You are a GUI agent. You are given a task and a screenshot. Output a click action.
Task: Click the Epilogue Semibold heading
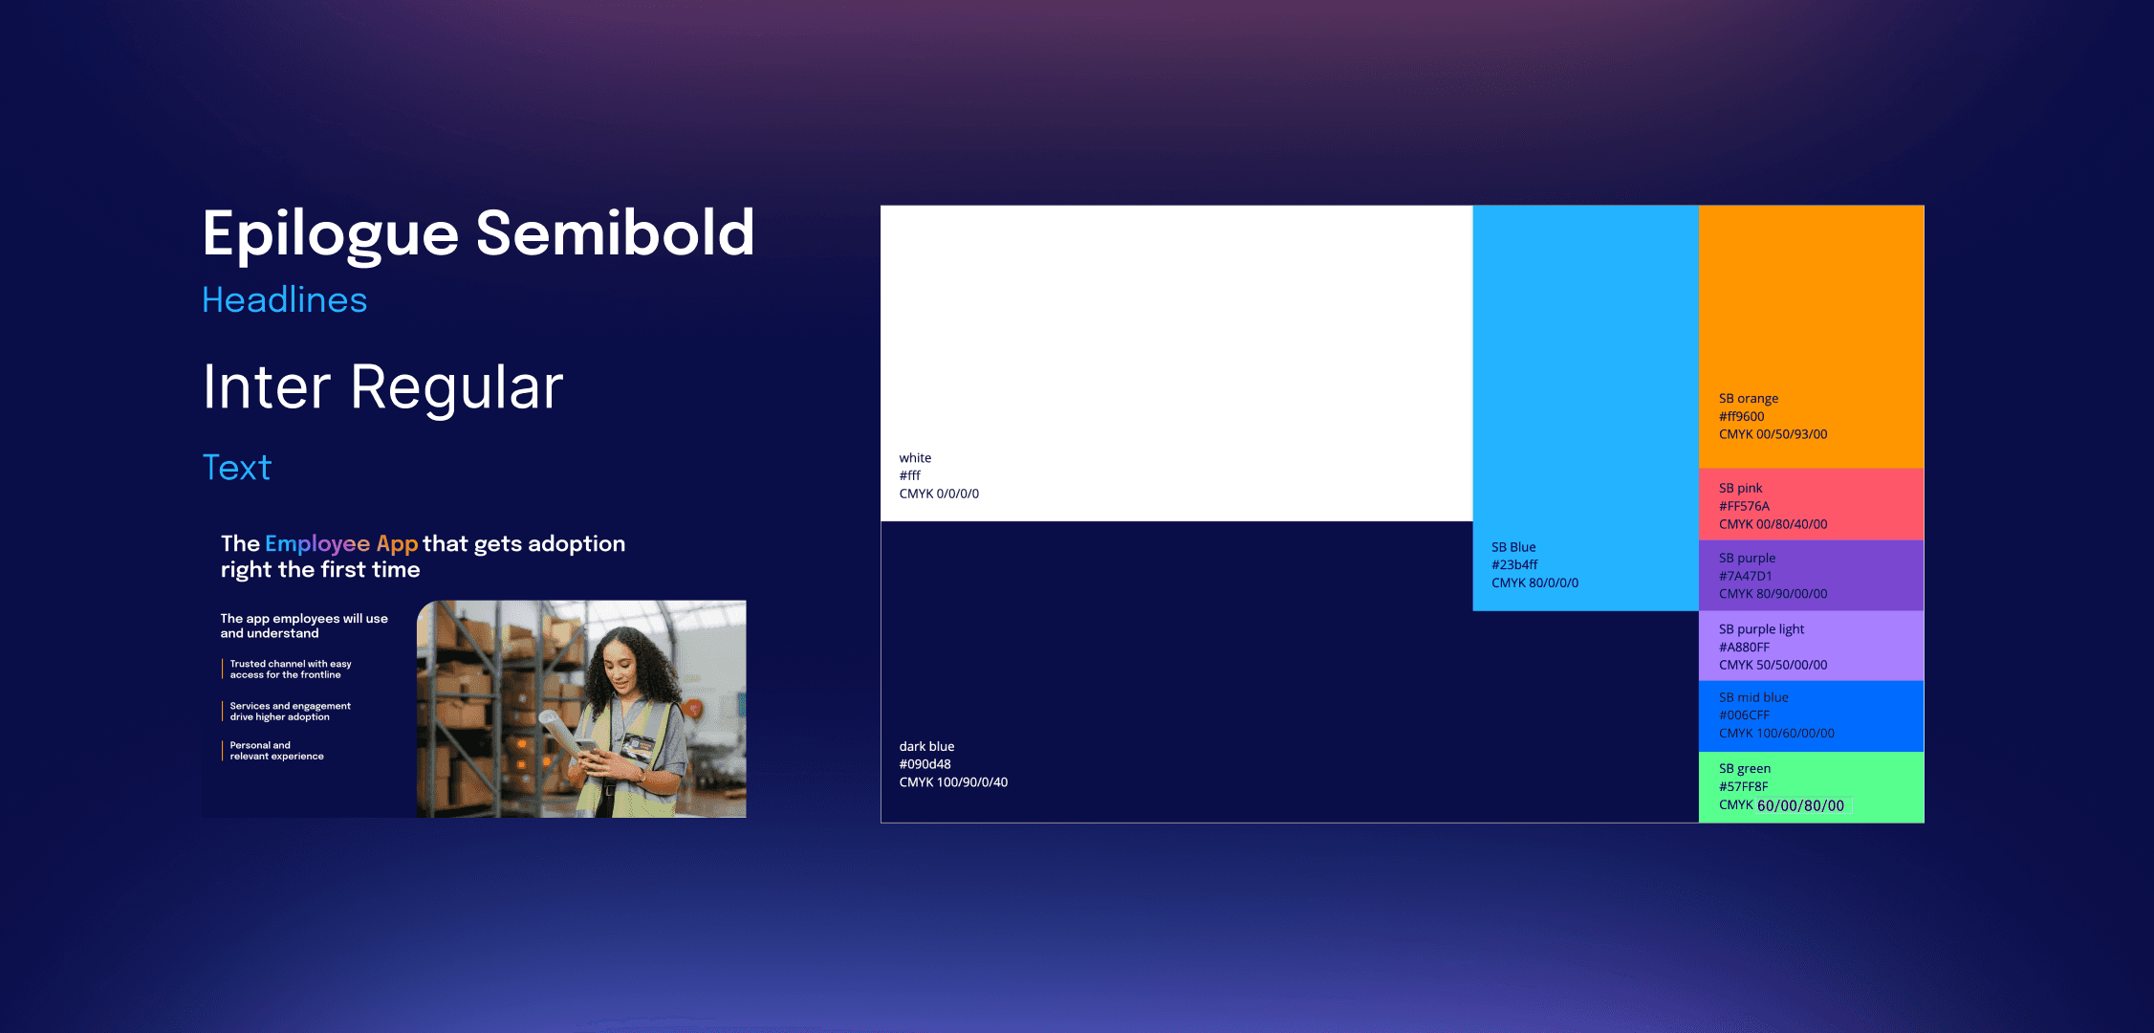[x=478, y=234]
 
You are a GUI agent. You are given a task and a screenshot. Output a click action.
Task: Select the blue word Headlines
[x=285, y=300]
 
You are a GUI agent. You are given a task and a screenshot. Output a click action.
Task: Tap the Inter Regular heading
[x=382, y=388]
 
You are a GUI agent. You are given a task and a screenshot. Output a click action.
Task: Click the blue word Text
[x=237, y=468]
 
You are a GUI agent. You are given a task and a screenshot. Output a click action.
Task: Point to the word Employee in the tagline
[x=317, y=544]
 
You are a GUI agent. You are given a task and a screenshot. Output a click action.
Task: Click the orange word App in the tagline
[x=397, y=544]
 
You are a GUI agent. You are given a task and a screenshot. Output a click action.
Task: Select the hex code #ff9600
[x=1742, y=417]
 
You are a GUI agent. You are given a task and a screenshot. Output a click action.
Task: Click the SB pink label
[x=1740, y=488]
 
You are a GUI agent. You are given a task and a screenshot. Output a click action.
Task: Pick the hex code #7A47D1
[x=1746, y=576]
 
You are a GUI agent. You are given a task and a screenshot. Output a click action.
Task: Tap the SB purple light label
[x=1761, y=629]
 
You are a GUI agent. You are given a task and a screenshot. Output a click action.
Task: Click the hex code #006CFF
[x=1744, y=715]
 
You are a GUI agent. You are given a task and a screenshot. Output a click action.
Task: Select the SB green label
[x=1745, y=769]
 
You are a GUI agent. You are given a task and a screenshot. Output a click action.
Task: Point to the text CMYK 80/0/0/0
[x=1534, y=583]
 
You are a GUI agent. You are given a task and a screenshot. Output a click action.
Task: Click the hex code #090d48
[x=925, y=764]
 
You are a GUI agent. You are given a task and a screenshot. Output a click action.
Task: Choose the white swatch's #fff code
[x=909, y=475]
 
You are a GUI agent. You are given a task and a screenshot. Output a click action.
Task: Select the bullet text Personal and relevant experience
[x=276, y=751]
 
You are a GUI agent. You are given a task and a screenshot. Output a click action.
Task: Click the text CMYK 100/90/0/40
[x=953, y=782]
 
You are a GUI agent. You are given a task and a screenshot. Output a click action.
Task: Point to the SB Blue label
[x=1513, y=547]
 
